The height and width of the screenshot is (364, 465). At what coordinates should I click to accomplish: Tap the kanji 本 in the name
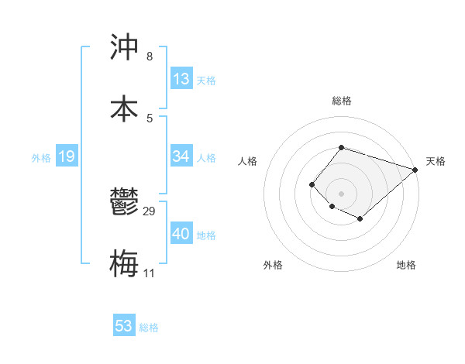pos(124,109)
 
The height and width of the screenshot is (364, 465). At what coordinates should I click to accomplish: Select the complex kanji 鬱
pos(124,204)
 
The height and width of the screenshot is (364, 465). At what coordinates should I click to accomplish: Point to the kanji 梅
pos(124,263)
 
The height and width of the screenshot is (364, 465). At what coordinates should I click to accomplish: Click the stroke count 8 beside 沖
pos(150,57)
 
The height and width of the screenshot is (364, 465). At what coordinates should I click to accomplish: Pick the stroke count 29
pos(150,211)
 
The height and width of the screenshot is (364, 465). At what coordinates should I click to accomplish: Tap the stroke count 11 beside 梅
pos(150,273)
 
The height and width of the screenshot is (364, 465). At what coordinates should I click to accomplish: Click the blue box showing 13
pos(181,79)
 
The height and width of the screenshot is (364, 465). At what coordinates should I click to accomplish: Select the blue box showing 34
pos(181,156)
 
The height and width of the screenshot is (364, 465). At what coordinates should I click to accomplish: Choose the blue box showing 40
pos(181,234)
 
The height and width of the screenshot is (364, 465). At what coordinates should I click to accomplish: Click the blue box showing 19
pos(66,156)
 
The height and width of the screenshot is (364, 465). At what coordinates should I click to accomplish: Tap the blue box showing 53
pos(124,326)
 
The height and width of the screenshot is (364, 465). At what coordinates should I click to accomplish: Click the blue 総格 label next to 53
pos(149,328)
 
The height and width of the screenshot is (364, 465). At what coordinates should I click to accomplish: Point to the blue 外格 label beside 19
pos(41,158)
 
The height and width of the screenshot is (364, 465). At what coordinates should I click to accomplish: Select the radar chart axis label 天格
pos(436,161)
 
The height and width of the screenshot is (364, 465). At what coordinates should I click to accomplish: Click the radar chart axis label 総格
pos(341,101)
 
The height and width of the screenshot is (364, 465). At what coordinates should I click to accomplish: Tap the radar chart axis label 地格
pos(406,265)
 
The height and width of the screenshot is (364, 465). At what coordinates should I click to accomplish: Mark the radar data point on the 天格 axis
pos(415,170)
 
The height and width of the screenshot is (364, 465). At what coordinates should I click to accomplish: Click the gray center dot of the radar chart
pos(341,193)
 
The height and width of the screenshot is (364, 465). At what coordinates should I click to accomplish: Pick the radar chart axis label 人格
pos(248,161)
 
